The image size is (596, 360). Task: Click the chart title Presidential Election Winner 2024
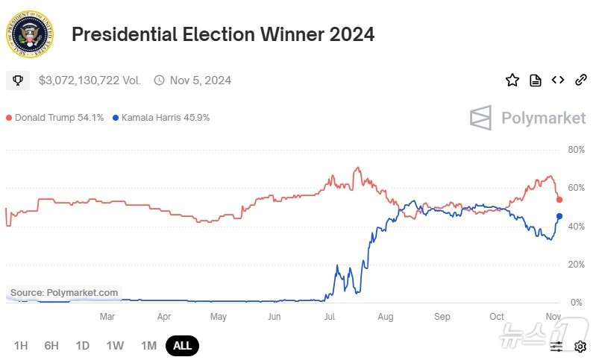pyautogui.click(x=222, y=34)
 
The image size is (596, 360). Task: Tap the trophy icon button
pyautogui.click(x=18, y=80)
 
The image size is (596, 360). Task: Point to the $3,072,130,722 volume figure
pyautogui.click(x=90, y=80)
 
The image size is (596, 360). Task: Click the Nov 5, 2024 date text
pyautogui.click(x=200, y=80)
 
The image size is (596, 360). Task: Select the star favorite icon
pyautogui.click(x=512, y=80)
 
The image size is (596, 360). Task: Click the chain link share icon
pyautogui.click(x=580, y=80)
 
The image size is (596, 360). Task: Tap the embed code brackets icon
pyautogui.click(x=557, y=80)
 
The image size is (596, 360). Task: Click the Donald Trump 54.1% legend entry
pyautogui.click(x=55, y=118)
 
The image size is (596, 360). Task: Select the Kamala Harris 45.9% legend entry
pyautogui.click(x=160, y=118)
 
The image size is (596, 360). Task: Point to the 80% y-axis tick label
pyautogui.click(x=575, y=150)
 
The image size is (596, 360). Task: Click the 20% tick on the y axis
pyautogui.click(x=575, y=265)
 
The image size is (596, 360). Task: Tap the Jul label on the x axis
pyautogui.click(x=330, y=317)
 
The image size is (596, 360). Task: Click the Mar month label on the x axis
pyautogui.click(x=107, y=317)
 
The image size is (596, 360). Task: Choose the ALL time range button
pyautogui.click(x=182, y=346)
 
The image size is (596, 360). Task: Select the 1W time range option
pyautogui.click(x=115, y=346)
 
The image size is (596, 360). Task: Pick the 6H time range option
pyautogui.click(x=51, y=346)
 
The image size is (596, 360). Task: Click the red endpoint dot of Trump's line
pyautogui.click(x=559, y=200)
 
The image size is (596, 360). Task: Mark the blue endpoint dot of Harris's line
pyautogui.click(x=559, y=216)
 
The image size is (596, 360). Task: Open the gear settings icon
pyautogui.click(x=580, y=347)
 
